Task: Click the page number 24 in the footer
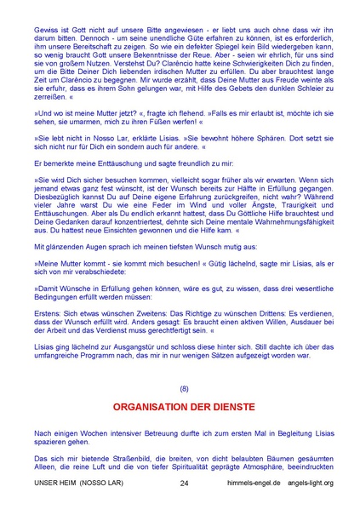[185, 483]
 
